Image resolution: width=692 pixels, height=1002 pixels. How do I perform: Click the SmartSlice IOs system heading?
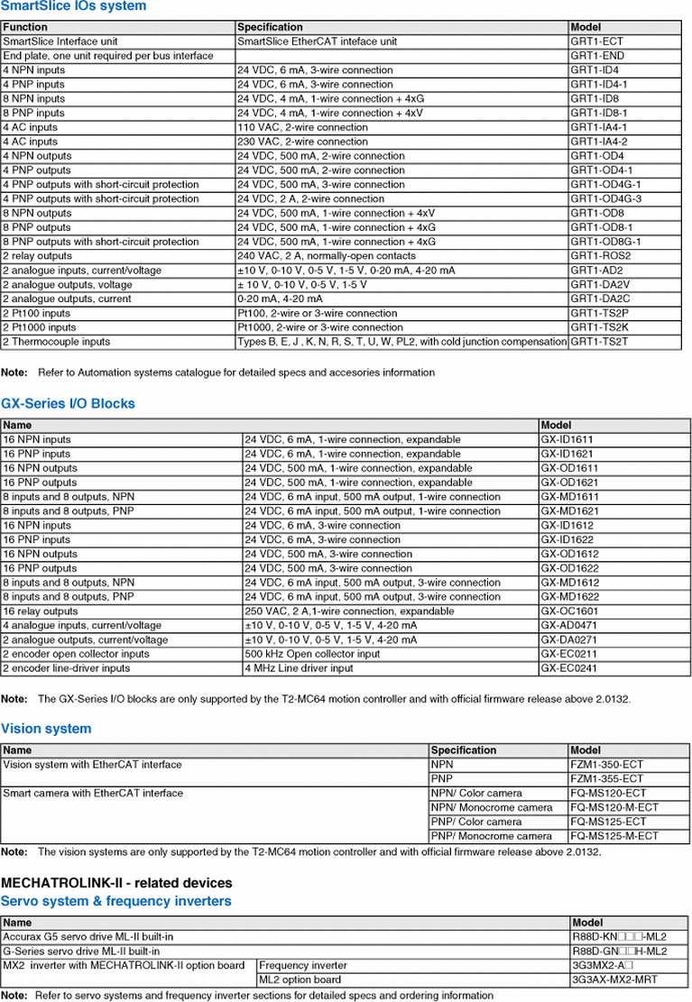(x=73, y=6)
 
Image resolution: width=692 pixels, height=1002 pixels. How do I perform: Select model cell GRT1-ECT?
(x=596, y=41)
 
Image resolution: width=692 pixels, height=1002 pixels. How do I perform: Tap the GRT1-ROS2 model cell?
(x=600, y=256)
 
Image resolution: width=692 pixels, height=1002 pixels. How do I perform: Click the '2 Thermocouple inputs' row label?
(x=56, y=342)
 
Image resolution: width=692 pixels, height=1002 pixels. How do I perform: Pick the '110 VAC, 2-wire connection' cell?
(x=302, y=127)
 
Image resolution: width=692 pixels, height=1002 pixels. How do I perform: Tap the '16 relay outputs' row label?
(x=41, y=611)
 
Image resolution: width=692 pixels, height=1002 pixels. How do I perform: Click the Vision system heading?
(x=46, y=729)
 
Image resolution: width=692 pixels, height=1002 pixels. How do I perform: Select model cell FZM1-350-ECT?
(x=607, y=765)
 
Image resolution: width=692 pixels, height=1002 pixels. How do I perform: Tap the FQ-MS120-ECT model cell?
(x=608, y=794)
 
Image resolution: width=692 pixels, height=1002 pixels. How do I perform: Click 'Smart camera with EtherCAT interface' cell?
(x=93, y=794)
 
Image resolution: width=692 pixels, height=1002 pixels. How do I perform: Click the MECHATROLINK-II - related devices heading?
(x=116, y=883)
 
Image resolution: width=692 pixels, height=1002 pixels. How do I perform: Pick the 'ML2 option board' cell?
(x=300, y=980)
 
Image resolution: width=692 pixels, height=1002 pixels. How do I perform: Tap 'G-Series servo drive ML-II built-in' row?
(x=81, y=951)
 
